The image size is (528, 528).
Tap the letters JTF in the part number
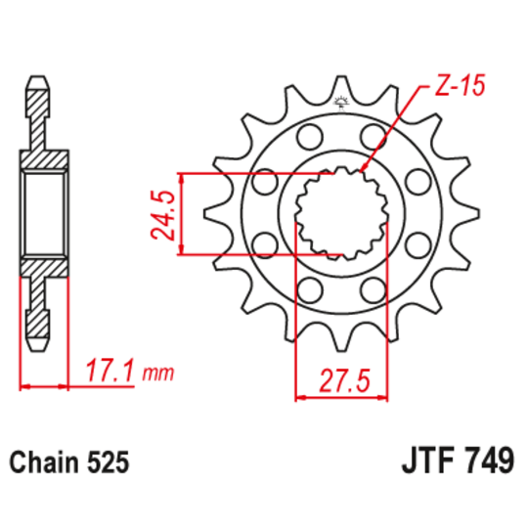[423, 461]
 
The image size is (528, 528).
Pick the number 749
[486, 461]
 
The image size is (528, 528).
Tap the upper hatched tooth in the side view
[40, 98]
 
